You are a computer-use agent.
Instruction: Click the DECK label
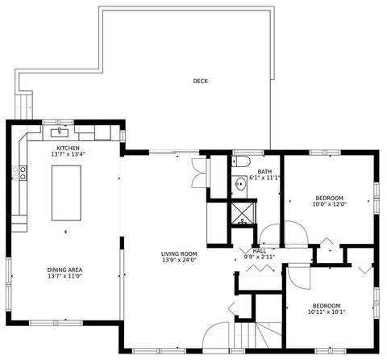point(201,81)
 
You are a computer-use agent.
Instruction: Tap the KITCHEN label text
point(68,149)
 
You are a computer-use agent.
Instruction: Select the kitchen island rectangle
point(66,193)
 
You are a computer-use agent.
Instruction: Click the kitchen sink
point(60,132)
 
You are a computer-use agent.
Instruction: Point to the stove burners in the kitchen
point(20,173)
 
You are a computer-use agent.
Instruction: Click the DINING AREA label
point(64,270)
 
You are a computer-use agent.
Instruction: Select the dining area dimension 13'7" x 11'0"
point(64,276)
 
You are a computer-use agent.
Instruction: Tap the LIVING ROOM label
point(179,253)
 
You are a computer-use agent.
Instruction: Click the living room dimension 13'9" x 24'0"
point(179,260)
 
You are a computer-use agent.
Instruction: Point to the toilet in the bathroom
point(241,161)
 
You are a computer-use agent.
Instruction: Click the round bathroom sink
point(240,184)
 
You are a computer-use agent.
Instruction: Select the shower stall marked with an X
point(243,213)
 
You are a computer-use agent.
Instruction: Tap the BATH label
point(264,171)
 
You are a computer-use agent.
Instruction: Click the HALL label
point(260,251)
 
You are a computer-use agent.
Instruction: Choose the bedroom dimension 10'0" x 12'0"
point(329,204)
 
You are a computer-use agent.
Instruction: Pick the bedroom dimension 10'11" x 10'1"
point(327,312)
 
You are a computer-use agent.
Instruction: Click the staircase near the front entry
point(257,336)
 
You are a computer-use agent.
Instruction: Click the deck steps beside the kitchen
point(24,107)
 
